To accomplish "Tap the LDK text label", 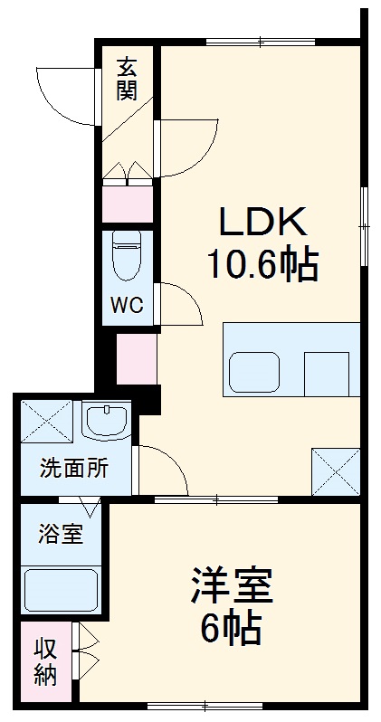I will point(263,222).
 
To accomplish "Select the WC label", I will point(127,305).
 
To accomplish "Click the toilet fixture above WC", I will point(126,256).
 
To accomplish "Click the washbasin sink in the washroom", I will point(107,420).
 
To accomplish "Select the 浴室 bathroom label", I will point(61,535).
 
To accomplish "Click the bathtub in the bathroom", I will point(61,589).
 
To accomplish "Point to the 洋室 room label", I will point(232,585).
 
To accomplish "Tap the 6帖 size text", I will point(232,627).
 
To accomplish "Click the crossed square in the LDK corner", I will point(335,470).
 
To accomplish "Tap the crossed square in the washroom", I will point(46,421).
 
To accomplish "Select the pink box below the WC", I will point(137,357).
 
